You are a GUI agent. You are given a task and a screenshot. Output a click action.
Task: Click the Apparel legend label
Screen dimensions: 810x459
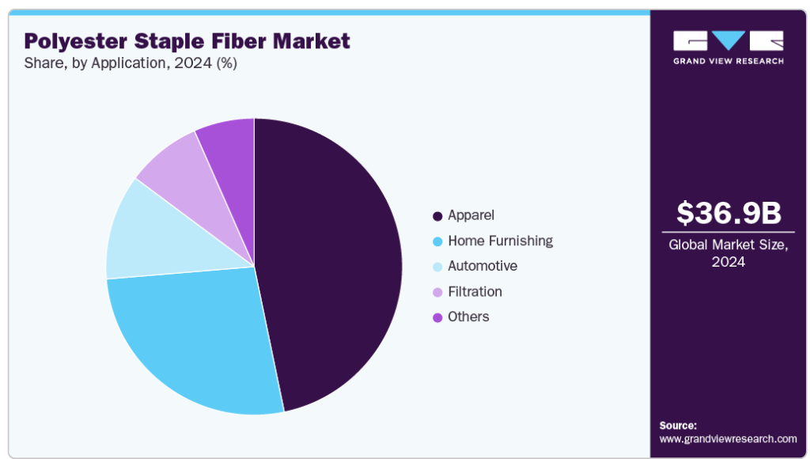(x=471, y=215)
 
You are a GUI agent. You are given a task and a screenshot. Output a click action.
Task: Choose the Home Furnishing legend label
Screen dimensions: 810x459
(x=501, y=241)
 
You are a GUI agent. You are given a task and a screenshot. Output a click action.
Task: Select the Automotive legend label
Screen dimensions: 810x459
(x=483, y=266)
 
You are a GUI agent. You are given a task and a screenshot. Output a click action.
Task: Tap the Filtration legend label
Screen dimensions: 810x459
(x=475, y=291)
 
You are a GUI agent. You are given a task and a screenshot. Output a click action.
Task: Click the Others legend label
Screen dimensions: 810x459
(x=468, y=317)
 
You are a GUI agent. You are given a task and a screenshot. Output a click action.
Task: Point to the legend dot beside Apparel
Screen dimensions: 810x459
(x=437, y=216)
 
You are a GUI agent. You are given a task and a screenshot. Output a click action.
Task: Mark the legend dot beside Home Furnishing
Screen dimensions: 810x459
(x=437, y=241)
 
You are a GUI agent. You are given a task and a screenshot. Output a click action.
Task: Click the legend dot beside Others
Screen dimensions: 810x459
(x=437, y=317)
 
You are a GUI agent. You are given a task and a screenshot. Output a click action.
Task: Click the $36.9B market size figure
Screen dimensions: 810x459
(x=729, y=212)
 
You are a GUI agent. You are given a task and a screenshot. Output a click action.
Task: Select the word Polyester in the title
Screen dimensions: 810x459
(x=75, y=41)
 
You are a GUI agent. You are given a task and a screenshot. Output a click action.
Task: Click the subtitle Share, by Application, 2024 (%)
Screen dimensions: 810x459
(x=131, y=63)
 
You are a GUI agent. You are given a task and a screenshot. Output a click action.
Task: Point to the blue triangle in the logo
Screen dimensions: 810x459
(x=729, y=40)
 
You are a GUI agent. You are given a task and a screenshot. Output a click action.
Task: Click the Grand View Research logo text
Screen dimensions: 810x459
(x=729, y=61)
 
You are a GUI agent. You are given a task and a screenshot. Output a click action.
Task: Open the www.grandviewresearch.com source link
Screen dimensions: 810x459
(x=728, y=439)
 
